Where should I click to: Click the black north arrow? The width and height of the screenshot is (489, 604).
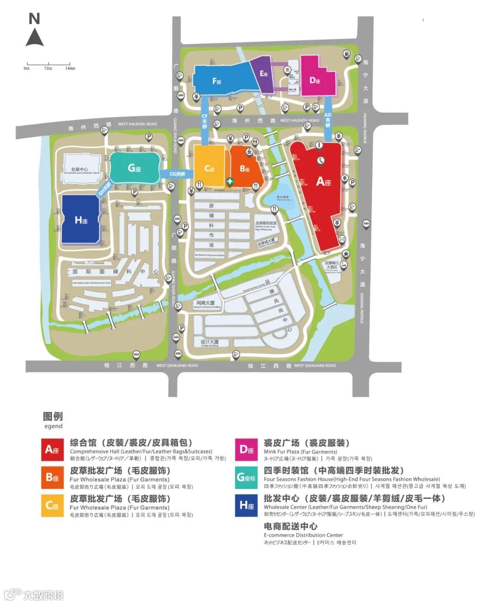(x=34, y=37)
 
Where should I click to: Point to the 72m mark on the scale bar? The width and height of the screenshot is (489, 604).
(x=48, y=64)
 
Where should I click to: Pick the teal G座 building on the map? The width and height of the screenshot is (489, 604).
(x=134, y=168)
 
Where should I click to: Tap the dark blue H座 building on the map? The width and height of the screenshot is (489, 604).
(x=81, y=220)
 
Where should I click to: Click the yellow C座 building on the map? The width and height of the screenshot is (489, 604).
(x=209, y=167)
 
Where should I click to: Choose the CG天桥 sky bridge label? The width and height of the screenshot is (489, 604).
(x=177, y=174)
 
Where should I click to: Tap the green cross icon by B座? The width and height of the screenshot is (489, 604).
(x=230, y=182)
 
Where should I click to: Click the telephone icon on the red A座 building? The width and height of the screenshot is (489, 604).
(x=321, y=159)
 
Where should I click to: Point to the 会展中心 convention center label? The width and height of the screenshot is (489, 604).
(x=80, y=169)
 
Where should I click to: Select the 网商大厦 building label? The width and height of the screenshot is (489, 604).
(x=206, y=303)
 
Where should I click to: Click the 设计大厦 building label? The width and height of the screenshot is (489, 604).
(x=210, y=342)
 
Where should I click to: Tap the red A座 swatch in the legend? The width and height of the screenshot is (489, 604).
(x=53, y=450)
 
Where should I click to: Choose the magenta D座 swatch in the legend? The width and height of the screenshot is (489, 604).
(x=246, y=450)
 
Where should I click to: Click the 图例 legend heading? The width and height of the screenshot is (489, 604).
(x=53, y=416)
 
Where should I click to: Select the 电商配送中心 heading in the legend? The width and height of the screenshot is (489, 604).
(x=291, y=526)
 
